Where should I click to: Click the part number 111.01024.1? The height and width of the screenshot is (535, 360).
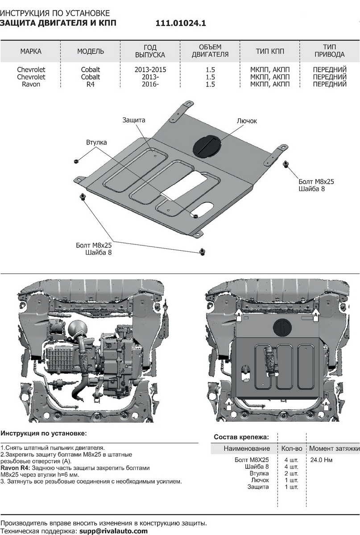click(181, 23)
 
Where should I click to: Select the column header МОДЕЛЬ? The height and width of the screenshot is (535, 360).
click(91, 51)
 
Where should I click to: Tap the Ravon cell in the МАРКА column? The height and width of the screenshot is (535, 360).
click(31, 84)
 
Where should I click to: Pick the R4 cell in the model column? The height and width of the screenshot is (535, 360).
click(91, 84)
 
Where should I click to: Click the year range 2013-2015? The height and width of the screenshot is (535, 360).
click(150, 70)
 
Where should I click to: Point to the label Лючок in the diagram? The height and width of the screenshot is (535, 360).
click(247, 121)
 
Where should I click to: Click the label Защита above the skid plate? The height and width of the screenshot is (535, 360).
click(133, 120)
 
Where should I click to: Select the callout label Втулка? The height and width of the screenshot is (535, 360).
click(96, 142)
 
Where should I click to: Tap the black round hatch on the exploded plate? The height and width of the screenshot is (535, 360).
click(207, 145)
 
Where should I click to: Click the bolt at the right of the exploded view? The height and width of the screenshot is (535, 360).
click(286, 164)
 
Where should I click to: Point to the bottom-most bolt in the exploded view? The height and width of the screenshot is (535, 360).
click(203, 252)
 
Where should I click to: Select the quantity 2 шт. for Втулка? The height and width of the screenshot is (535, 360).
click(291, 473)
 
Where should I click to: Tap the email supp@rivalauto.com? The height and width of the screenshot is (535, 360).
click(113, 531)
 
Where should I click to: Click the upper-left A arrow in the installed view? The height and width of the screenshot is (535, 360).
click(239, 315)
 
